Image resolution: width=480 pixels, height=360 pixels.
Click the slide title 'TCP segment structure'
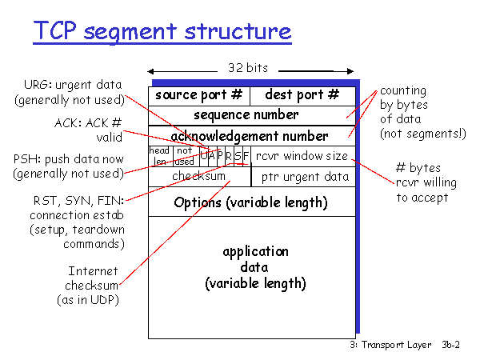click(x=161, y=31)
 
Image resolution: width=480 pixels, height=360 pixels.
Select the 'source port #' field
click(x=199, y=95)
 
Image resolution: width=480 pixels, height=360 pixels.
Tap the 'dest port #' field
click(x=302, y=95)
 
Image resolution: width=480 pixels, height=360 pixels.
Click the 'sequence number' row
click(x=251, y=115)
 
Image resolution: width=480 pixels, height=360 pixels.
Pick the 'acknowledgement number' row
click(x=250, y=136)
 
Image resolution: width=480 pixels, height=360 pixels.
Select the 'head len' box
click(x=159, y=155)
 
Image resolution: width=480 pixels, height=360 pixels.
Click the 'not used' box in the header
click(x=185, y=155)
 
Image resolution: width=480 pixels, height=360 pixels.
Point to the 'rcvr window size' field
click(x=302, y=155)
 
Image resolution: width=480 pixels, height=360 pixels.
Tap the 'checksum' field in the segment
click(x=199, y=176)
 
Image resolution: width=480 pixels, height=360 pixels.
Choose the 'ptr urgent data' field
click(x=304, y=176)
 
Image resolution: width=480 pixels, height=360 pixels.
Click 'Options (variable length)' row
click(x=250, y=202)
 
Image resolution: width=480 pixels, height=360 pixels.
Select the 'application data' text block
click(x=254, y=267)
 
